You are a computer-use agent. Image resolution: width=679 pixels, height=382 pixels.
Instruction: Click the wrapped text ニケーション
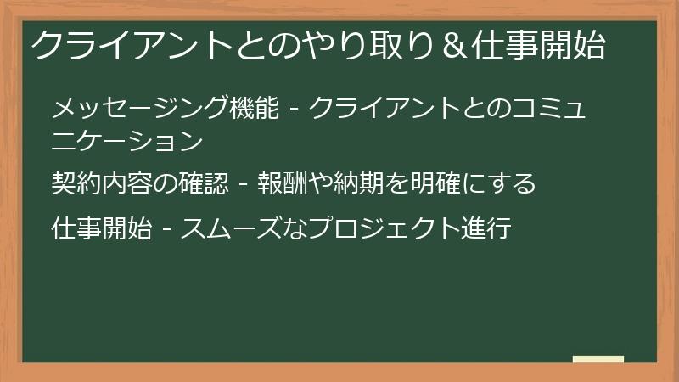coord(126,140)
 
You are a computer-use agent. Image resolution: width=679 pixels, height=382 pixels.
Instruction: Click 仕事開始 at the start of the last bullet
coord(101,228)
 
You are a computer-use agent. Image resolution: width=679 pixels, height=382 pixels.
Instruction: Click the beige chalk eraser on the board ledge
coord(598,360)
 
